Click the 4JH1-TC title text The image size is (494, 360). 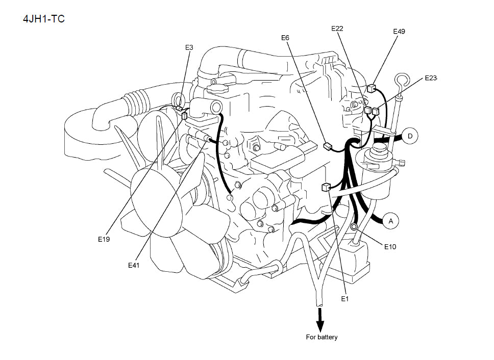pyautogui.click(x=43, y=19)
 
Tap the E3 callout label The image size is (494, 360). pyautogui.click(x=189, y=47)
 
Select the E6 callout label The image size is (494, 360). pyautogui.click(x=285, y=37)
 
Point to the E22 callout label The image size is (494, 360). pyautogui.click(x=337, y=29)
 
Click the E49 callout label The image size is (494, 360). pyautogui.click(x=399, y=32)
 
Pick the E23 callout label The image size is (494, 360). pyautogui.click(x=431, y=78)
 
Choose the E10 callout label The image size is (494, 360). pyautogui.click(x=390, y=247)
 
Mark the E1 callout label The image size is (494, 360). pyautogui.click(x=344, y=299)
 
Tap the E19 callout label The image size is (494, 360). pyautogui.click(x=104, y=239)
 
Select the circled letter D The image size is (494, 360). pyautogui.click(x=410, y=136)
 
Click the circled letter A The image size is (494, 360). pyautogui.click(x=391, y=221)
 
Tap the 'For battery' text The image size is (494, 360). pyautogui.click(x=322, y=337)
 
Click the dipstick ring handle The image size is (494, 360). pyautogui.click(x=401, y=80)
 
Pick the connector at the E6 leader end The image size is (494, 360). pyautogui.click(x=327, y=147)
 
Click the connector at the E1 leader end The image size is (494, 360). pyautogui.click(x=325, y=188)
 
